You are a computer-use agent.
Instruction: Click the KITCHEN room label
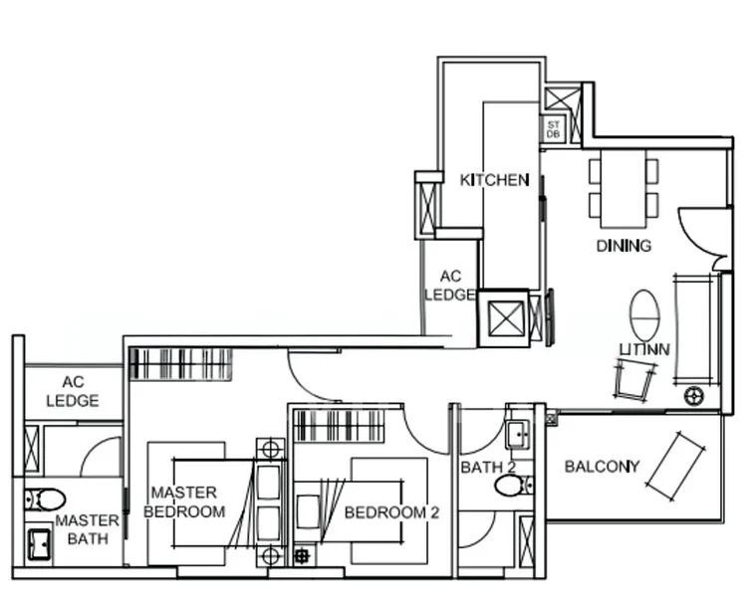(x=494, y=180)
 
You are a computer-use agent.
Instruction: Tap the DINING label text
(x=624, y=246)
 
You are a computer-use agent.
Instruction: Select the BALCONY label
(x=602, y=466)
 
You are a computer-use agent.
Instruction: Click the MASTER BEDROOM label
(x=184, y=501)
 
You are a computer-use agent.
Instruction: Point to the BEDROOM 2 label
(x=391, y=512)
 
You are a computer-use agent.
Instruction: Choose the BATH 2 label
(x=486, y=467)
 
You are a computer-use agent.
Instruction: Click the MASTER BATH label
(x=88, y=529)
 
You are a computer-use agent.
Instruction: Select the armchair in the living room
(x=634, y=378)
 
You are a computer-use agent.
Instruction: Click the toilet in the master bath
(x=44, y=498)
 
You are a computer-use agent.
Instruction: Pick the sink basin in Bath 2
(x=517, y=433)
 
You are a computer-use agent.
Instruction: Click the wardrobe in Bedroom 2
(x=339, y=426)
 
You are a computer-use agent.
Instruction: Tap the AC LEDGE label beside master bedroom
(x=73, y=391)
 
